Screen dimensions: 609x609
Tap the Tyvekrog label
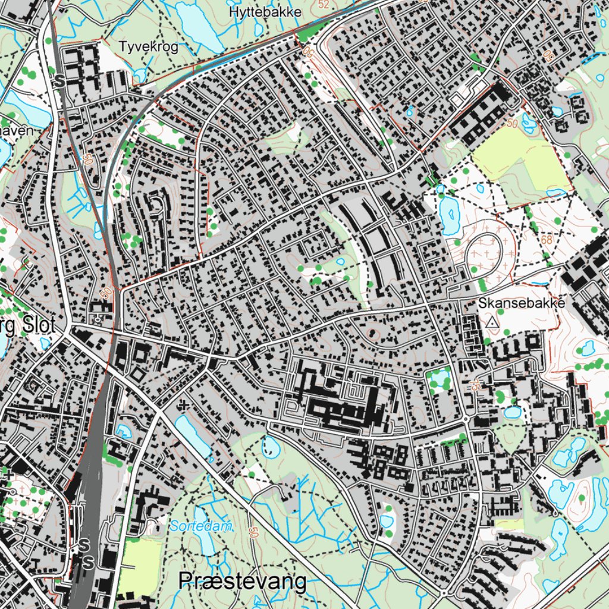click(x=149, y=47)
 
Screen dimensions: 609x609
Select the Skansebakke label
click(x=520, y=303)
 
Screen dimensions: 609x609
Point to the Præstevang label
click(x=243, y=582)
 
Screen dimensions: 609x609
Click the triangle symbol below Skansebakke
click(x=492, y=322)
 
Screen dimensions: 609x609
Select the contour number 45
click(x=475, y=385)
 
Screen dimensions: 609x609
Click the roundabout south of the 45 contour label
click(x=467, y=420)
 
